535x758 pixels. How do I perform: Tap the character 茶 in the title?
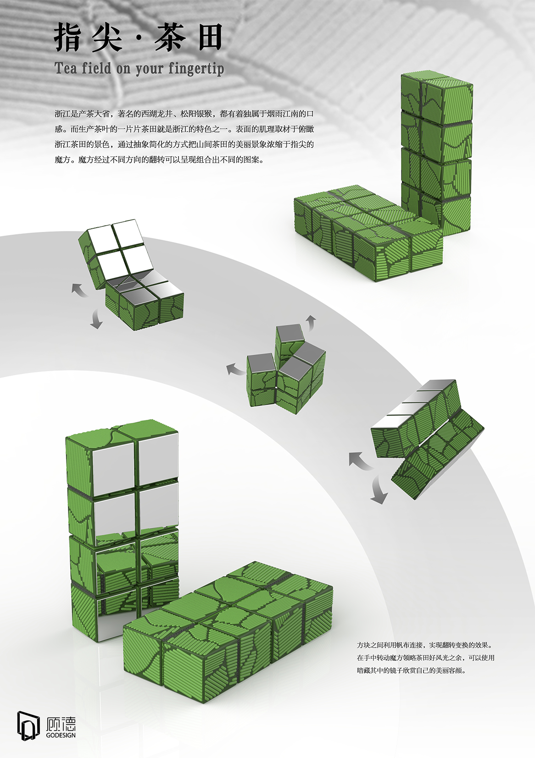[170, 38]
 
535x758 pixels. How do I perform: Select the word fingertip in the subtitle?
[196, 69]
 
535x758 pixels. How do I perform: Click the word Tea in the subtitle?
[65, 68]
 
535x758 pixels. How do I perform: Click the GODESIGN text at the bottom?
[61, 735]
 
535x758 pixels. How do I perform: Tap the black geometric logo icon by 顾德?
[28, 725]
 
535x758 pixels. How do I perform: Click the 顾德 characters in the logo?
[61, 724]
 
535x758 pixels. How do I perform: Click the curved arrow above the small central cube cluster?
[311, 322]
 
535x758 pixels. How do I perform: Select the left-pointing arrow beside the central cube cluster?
[235, 369]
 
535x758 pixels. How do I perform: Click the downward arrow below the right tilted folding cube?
[379, 490]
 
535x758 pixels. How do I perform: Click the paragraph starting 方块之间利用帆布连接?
[425, 657]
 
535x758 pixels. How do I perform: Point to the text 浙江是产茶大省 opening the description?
[82, 114]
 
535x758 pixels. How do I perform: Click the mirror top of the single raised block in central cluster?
[290, 333]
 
